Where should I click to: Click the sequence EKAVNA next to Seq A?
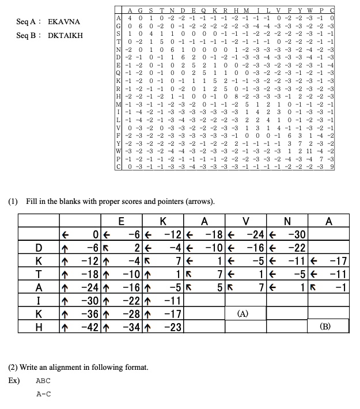point(63,21)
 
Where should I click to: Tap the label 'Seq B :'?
point(27,35)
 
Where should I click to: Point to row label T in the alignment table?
point(38,274)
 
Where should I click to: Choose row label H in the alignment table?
point(38,327)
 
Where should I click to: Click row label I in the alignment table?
point(38,300)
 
